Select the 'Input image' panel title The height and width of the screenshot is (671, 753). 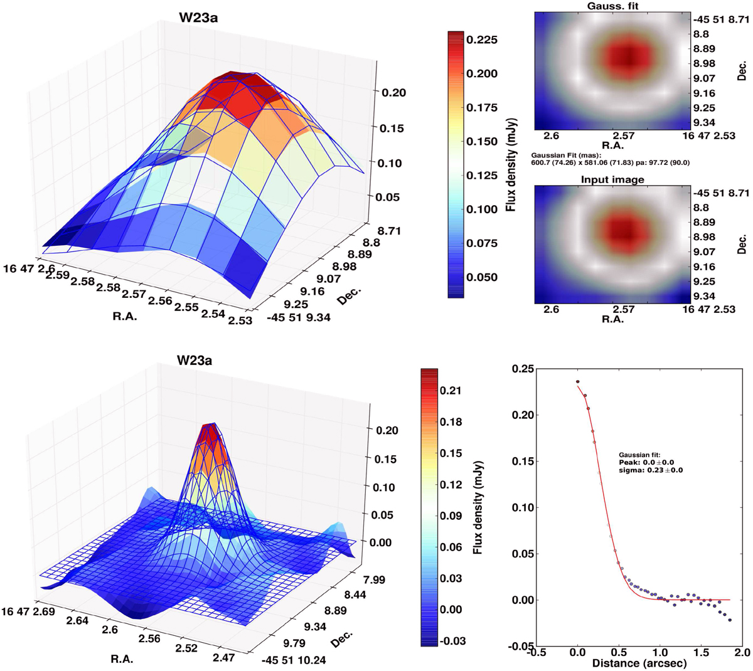pyautogui.click(x=612, y=180)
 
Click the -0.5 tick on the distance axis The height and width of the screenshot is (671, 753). pyautogui.click(x=537, y=653)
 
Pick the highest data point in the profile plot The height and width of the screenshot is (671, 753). pyautogui.click(x=577, y=381)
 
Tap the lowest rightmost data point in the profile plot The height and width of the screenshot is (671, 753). pyautogui.click(x=730, y=620)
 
